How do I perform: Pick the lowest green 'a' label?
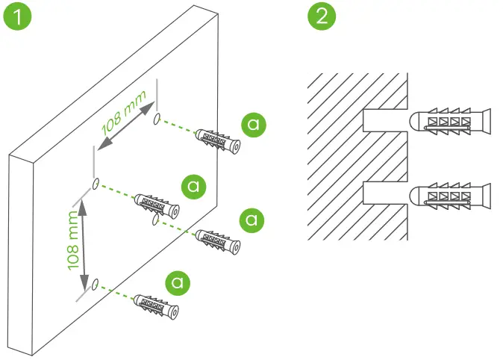[178, 282]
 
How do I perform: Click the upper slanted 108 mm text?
[122, 120]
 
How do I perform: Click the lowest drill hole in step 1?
[96, 284]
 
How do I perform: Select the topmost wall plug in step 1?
[218, 140]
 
